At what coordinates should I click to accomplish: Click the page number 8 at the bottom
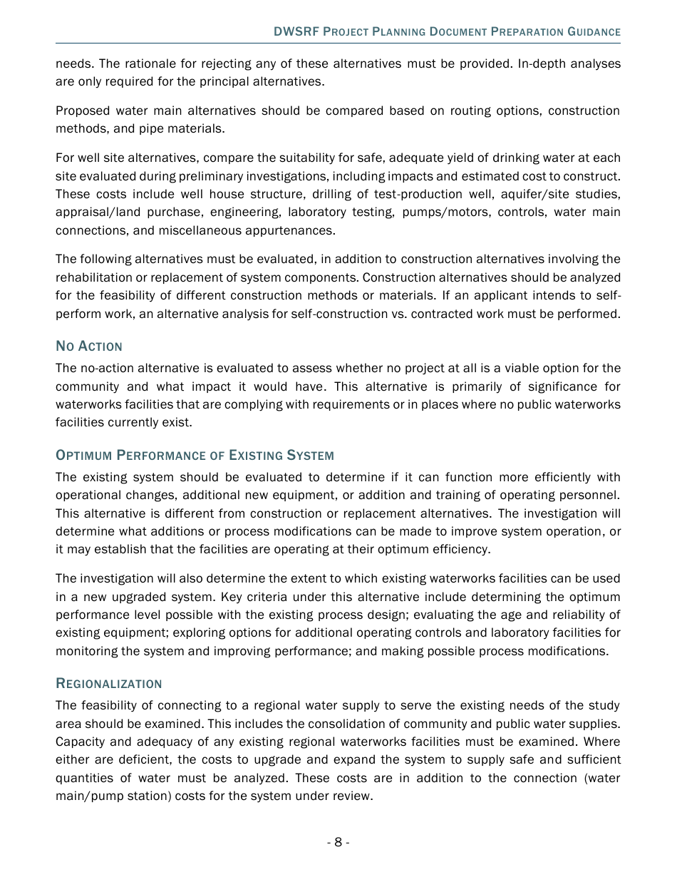coord(338,842)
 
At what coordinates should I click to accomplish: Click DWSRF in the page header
coord(296,32)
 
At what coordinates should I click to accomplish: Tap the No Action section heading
coord(89,347)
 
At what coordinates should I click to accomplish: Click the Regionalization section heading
coord(109,684)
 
